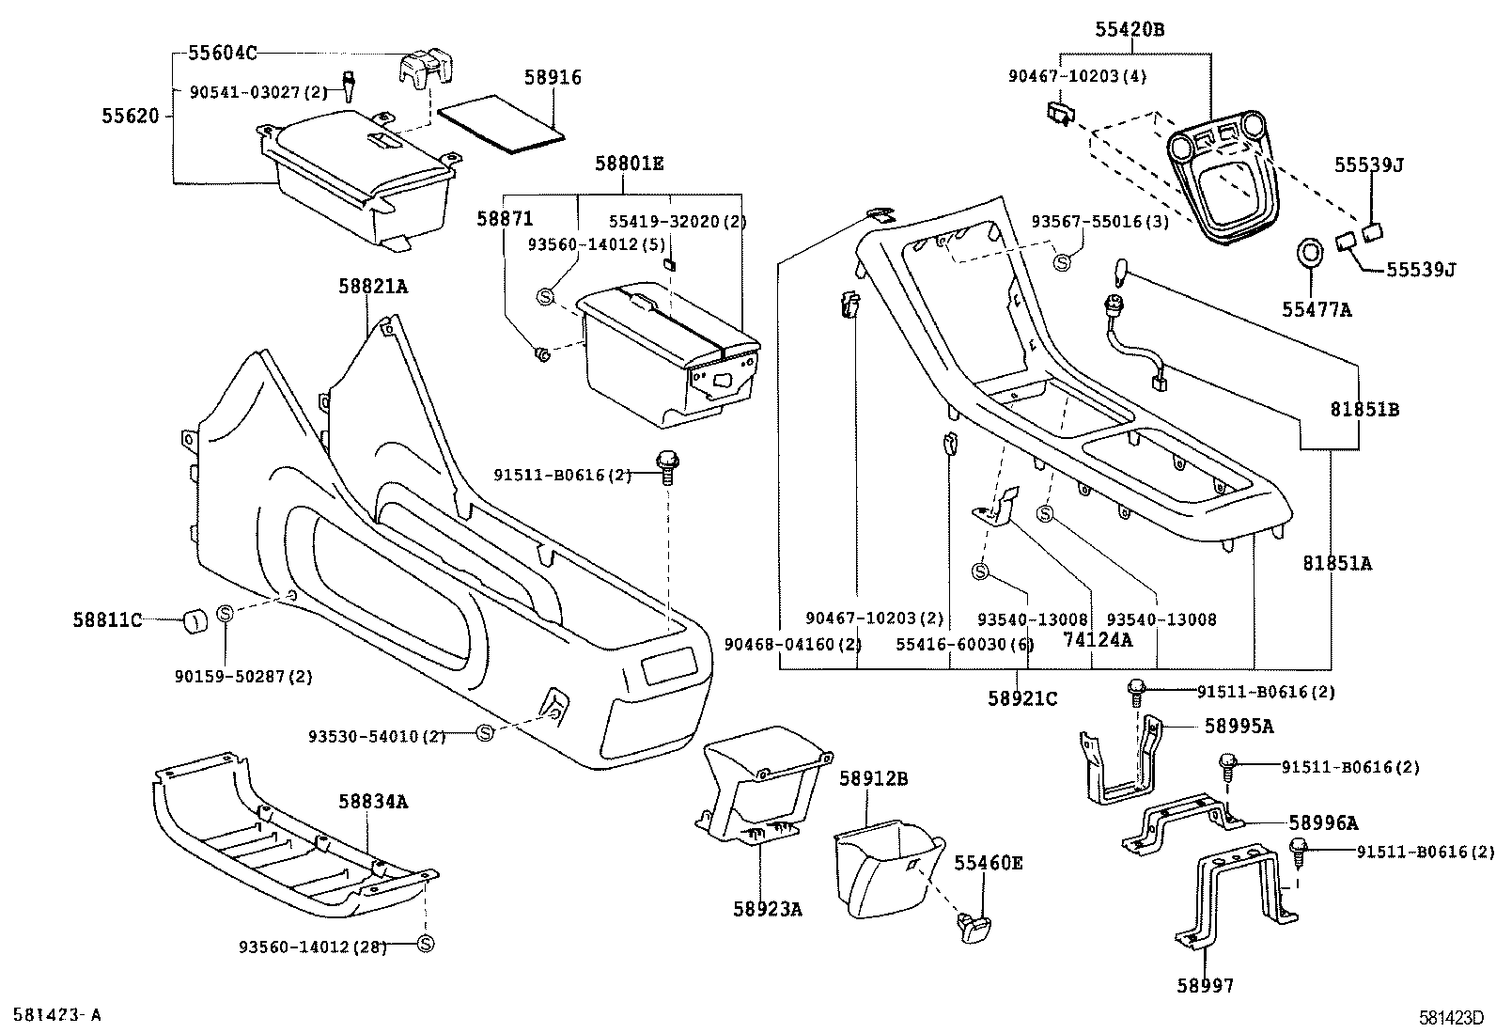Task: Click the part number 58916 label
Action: (x=553, y=77)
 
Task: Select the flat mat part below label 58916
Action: (x=503, y=125)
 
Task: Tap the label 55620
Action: (x=132, y=116)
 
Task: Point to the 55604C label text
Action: (x=222, y=53)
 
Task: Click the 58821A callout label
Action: (x=373, y=287)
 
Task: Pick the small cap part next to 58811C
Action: (x=195, y=620)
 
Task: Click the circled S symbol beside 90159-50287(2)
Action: (x=226, y=613)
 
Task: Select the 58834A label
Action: (x=373, y=801)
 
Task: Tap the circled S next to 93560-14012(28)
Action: (x=425, y=944)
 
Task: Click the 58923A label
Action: (x=768, y=909)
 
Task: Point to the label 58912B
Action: (x=873, y=778)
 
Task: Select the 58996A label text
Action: (x=1323, y=823)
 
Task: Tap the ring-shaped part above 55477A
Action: (x=1309, y=254)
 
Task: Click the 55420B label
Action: (x=1129, y=30)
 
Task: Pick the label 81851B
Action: (x=1364, y=409)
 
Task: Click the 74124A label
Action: (x=1098, y=639)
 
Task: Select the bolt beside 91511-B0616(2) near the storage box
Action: (x=667, y=465)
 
